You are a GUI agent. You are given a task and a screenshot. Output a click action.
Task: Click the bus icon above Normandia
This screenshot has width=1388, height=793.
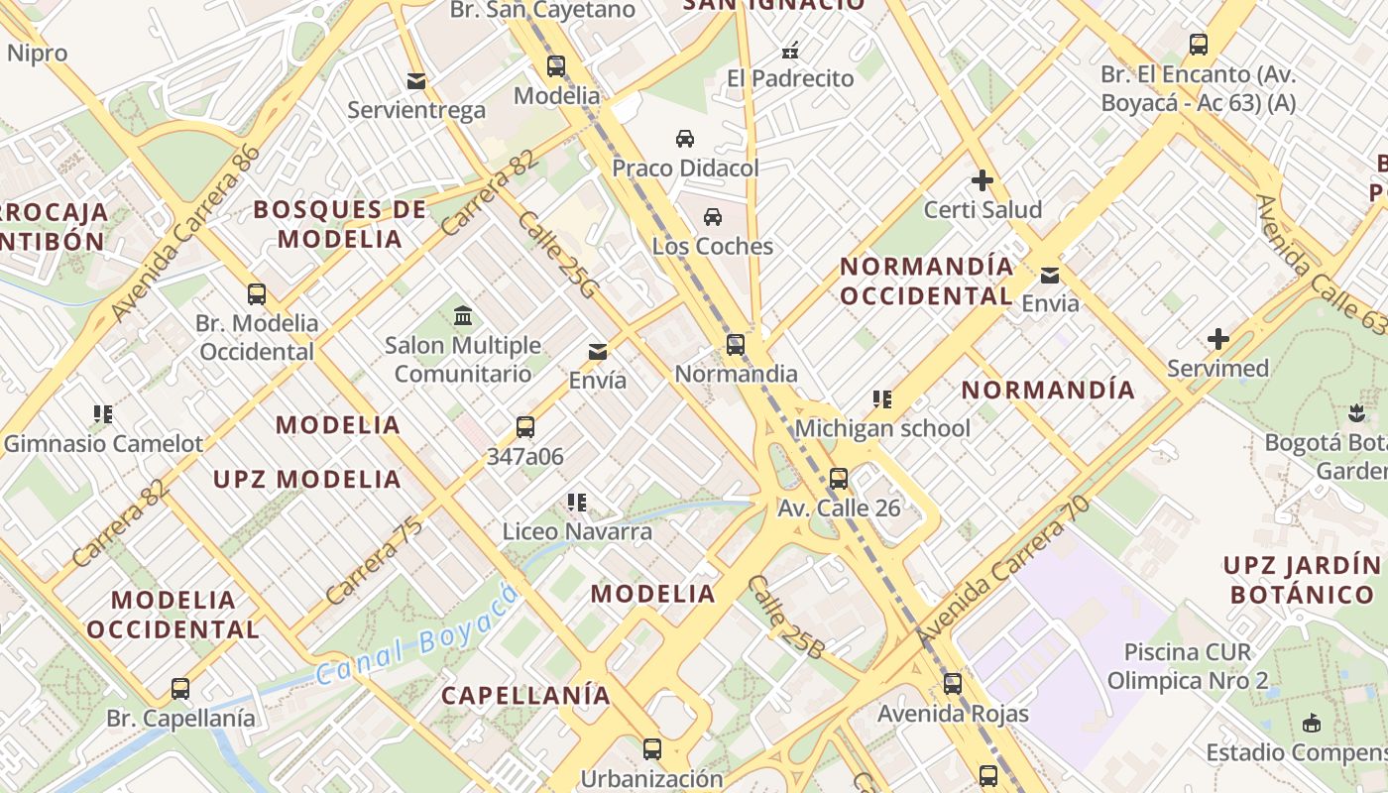[x=735, y=345]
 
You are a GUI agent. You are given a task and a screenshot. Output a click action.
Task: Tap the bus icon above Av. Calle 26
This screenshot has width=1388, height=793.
[x=839, y=479]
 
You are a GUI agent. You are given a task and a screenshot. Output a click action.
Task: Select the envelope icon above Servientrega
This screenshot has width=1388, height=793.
[x=416, y=80]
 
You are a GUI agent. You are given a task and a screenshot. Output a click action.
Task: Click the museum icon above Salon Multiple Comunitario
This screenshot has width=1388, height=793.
[x=462, y=316]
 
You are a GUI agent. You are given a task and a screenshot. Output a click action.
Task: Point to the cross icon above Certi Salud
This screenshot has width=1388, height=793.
[x=983, y=180]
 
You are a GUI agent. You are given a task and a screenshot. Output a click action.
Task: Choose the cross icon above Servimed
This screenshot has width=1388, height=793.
[x=1218, y=340]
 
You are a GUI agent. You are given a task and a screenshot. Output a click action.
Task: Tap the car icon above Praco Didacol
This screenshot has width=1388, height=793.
[x=685, y=139]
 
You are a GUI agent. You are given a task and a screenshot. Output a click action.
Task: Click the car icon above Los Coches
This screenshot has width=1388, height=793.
[x=713, y=217]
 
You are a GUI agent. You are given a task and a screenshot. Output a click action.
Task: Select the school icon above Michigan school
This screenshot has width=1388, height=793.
[x=882, y=399]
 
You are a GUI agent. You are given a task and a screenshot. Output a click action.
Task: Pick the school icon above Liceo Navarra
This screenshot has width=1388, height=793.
[x=577, y=503]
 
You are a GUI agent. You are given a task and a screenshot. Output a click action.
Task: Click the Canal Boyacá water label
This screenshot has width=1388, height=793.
[x=418, y=635]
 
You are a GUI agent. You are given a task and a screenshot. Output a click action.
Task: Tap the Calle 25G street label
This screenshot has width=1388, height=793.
[x=559, y=255]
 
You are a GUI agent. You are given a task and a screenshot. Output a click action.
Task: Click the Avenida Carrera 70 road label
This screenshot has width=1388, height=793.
[x=1003, y=572]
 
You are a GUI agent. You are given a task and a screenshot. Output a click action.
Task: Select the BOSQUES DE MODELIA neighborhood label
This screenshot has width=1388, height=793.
[x=340, y=224]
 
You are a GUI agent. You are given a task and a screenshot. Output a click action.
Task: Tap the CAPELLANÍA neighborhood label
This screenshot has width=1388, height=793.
[x=525, y=695]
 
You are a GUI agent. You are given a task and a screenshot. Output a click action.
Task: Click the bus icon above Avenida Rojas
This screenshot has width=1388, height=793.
[x=953, y=684]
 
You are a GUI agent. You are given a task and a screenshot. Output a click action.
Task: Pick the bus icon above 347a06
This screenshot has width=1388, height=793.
[x=525, y=428]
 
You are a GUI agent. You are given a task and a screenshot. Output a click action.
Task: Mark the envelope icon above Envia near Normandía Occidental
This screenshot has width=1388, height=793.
[x=1050, y=275]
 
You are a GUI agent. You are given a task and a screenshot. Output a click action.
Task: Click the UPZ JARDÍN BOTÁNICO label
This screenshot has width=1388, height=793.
[x=1301, y=580]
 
